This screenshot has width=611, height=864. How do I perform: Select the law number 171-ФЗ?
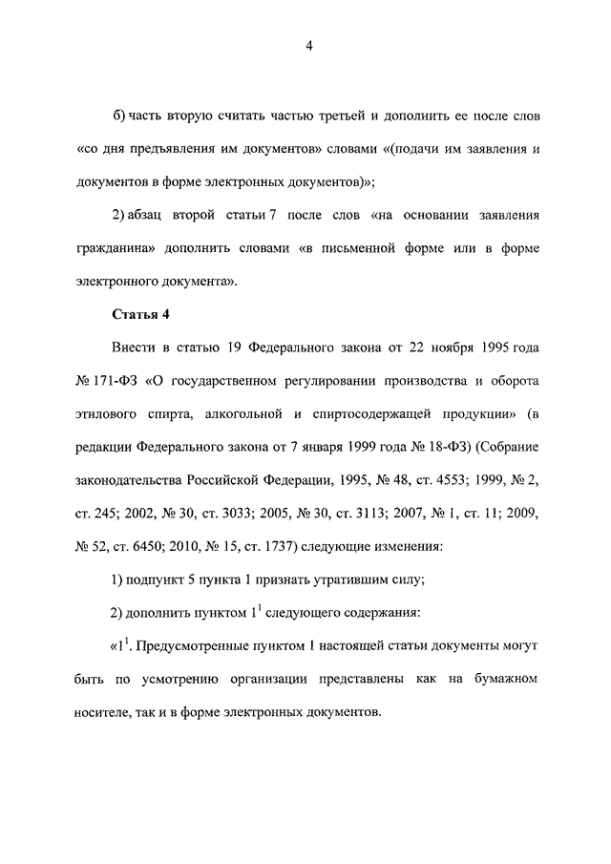pos(119,381)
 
